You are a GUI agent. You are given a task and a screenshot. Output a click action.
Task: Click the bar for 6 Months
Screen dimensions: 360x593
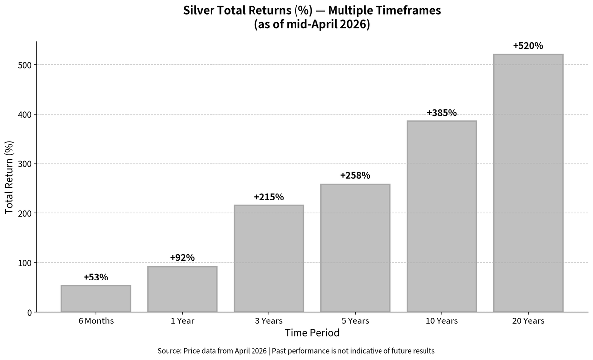[x=96, y=299]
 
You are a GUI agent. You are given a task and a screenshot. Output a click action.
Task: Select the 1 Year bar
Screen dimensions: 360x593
[x=182, y=289]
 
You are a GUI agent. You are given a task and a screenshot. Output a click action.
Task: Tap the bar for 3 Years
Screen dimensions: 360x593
[x=269, y=258]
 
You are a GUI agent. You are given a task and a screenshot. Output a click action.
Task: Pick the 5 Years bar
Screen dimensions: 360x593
[x=355, y=248]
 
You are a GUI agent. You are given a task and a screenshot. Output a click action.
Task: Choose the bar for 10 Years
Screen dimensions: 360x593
[x=442, y=216]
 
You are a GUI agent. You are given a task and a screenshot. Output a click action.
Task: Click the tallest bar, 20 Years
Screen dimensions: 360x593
[x=528, y=183]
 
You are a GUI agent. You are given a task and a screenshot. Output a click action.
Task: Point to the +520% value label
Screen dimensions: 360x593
[x=528, y=46]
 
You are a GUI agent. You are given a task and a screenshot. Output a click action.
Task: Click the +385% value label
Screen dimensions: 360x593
[x=442, y=113]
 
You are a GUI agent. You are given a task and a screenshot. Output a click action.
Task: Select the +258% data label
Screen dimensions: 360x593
[x=355, y=175]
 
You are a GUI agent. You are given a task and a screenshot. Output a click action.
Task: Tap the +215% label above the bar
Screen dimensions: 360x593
[x=269, y=197]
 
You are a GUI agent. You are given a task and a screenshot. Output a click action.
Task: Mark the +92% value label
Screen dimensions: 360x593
[x=182, y=257]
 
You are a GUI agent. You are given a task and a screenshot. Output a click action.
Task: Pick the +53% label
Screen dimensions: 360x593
[x=96, y=277]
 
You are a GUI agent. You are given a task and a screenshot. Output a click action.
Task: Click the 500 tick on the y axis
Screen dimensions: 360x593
[x=25, y=65]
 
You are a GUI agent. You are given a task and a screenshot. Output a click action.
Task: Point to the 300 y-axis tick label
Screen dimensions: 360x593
[x=25, y=164]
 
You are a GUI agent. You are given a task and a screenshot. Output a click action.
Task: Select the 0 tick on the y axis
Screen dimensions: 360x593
[x=30, y=312]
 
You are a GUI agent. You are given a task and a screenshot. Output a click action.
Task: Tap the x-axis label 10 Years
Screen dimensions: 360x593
[x=442, y=321]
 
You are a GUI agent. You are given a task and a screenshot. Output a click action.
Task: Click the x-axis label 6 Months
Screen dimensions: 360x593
[x=96, y=321]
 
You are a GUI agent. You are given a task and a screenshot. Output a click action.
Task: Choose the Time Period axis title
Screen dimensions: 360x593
[x=312, y=333]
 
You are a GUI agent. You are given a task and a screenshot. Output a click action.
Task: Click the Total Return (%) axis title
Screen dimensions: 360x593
[x=9, y=177]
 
